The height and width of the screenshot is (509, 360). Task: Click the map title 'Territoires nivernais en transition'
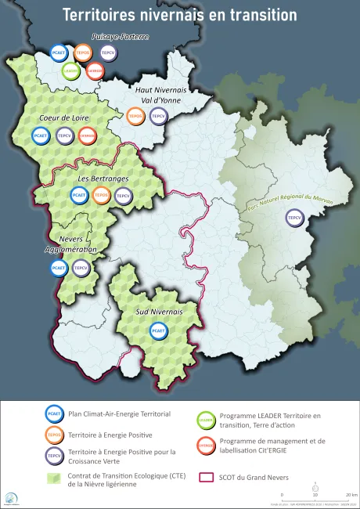[x=179, y=15]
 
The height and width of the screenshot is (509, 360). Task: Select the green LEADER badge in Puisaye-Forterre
[x=71, y=71]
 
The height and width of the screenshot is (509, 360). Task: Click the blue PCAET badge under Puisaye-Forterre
[x=59, y=53]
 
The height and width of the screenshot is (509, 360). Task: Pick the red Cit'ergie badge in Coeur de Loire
[x=88, y=135]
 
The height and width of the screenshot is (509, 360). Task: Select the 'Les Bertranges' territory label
[x=92, y=179]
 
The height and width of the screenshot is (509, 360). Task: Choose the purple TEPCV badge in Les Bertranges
[x=123, y=196]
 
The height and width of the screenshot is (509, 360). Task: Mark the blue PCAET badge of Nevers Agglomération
[x=59, y=269]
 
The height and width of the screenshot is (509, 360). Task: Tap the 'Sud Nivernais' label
[x=159, y=312]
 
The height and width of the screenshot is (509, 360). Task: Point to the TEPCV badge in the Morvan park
[x=295, y=218]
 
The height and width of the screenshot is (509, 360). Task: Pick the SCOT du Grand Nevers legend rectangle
[x=207, y=478]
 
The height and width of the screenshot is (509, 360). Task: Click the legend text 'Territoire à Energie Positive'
[x=110, y=434]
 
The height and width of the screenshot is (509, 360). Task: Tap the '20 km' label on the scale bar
[x=351, y=495]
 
